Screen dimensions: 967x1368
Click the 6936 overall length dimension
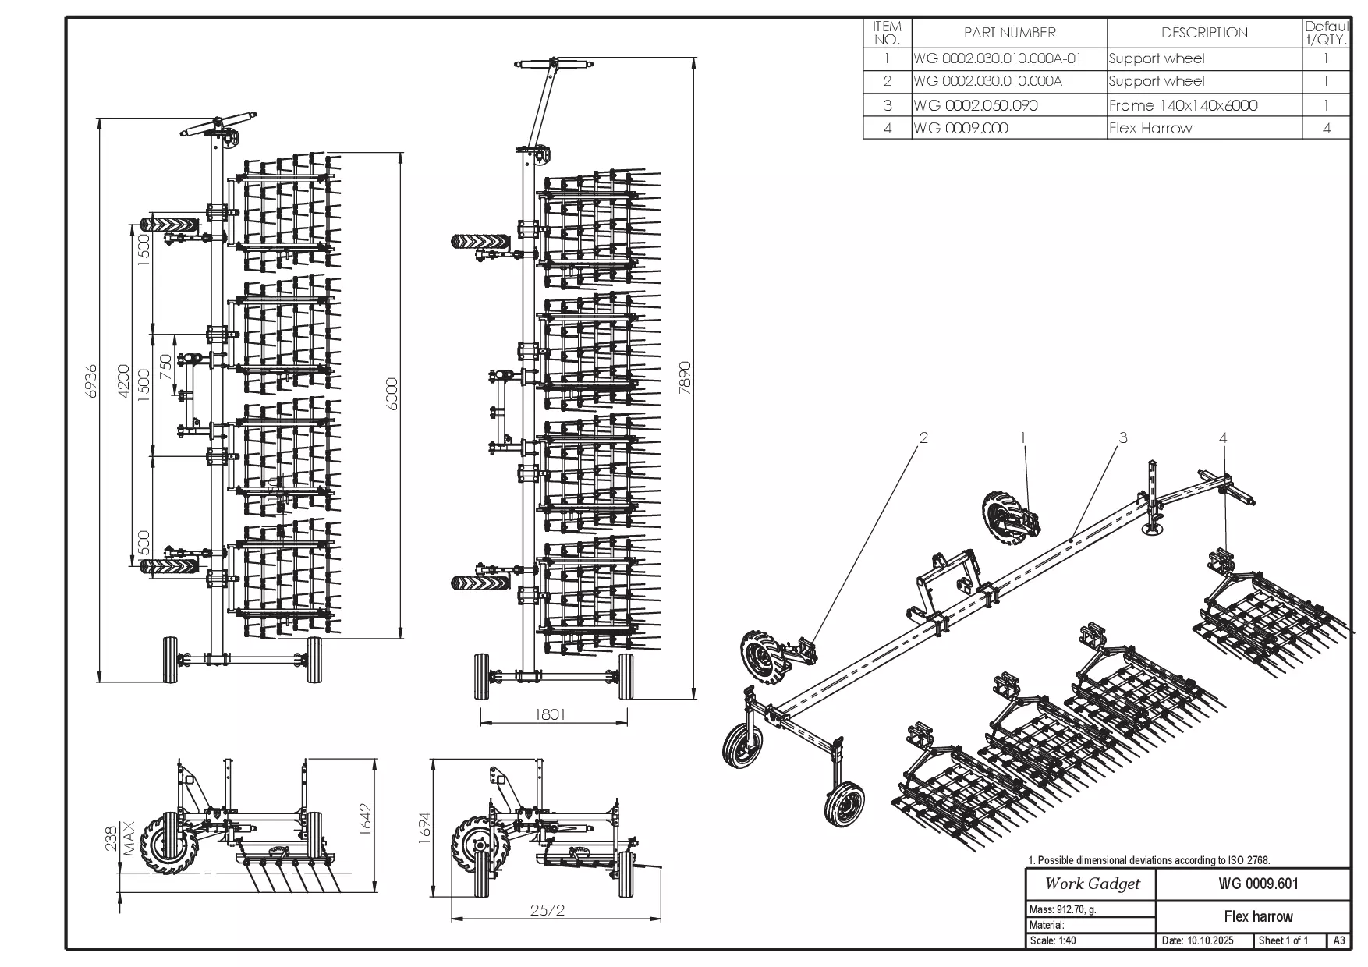pos(91,381)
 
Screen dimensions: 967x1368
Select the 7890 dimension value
pos(685,377)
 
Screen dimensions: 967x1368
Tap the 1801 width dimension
pos(550,714)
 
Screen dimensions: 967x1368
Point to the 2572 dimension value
pos(547,909)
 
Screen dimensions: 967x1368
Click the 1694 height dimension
pos(424,828)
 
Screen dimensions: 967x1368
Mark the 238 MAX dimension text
pos(119,838)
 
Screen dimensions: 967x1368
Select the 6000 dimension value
pos(392,394)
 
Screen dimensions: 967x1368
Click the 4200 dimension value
pos(123,381)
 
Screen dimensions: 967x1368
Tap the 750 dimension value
pos(165,367)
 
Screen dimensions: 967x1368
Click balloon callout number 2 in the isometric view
pos(924,437)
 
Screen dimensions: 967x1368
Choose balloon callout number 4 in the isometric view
pos(1223,437)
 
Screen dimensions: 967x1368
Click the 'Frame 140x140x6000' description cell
pos(1183,105)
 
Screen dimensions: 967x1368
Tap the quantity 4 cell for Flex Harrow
pos(1326,128)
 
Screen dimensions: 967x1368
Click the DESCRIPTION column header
pos(1204,33)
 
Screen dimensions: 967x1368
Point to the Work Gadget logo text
pos(1092,884)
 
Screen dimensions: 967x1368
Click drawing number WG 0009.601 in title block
pos(1258,884)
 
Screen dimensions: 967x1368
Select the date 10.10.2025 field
pos(1198,940)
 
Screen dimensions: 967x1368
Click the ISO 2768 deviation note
pos(1149,860)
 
